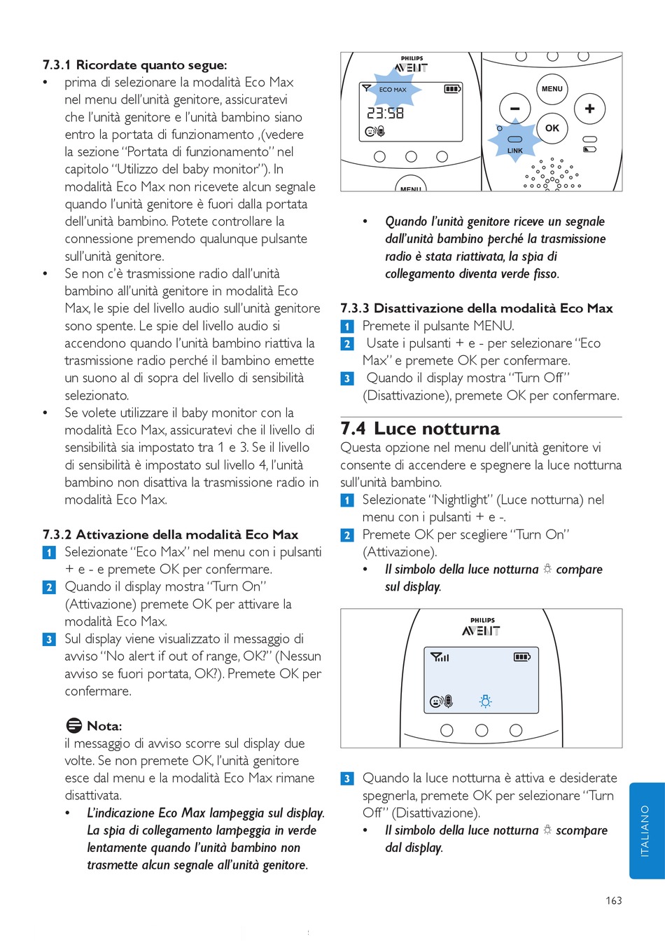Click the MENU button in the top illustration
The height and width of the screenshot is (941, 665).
[x=552, y=89]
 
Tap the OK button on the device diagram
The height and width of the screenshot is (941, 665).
[x=552, y=128]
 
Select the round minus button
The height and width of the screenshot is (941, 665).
[x=515, y=109]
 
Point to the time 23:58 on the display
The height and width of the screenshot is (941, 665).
[x=385, y=113]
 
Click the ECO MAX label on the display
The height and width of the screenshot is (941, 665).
[x=393, y=90]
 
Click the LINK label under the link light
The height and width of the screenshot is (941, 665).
[x=514, y=151]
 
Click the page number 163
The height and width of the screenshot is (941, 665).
[x=613, y=900]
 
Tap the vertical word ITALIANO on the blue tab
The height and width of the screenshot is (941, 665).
[x=645, y=830]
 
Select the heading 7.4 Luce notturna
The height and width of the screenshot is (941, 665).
[x=420, y=428]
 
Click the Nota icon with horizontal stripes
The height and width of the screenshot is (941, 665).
[x=73, y=725]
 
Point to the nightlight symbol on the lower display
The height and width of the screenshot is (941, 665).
[x=485, y=701]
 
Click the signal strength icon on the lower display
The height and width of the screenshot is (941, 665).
[x=440, y=657]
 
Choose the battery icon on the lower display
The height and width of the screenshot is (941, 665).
[x=522, y=657]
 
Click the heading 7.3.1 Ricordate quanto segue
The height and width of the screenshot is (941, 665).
[x=134, y=64]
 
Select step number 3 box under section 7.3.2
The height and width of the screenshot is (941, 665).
[x=49, y=639]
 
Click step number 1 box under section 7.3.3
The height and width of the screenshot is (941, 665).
[x=347, y=326]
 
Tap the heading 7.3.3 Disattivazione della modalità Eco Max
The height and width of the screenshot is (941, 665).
[x=476, y=308]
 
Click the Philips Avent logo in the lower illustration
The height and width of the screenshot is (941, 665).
[x=482, y=627]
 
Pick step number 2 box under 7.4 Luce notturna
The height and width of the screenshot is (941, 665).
[x=347, y=535]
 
